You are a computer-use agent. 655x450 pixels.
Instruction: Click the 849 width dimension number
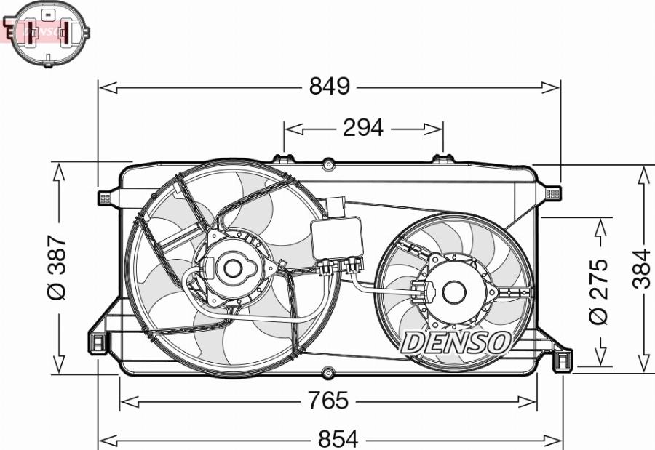click(x=330, y=87)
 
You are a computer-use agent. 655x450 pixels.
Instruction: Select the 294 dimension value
click(x=362, y=128)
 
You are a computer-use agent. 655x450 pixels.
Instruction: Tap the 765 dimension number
click(x=328, y=401)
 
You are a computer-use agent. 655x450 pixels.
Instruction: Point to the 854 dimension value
click(x=338, y=439)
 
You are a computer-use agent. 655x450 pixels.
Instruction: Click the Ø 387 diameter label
click(x=57, y=268)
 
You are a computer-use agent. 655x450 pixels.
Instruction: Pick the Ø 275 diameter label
click(x=598, y=291)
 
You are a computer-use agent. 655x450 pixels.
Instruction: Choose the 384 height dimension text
click(x=641, y=269)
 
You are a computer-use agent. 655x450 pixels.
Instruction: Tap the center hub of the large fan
click(x=233, y=268)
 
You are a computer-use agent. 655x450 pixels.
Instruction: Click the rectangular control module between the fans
click(x=336, y=238)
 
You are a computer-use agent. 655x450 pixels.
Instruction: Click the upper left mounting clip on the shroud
click(x=104, y=197)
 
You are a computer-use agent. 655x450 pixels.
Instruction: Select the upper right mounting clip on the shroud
click(x=552, y=193)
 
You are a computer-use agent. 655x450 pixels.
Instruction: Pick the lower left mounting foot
click(x=97, y=342)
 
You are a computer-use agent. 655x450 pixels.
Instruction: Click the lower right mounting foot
click(x=563, y=360)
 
